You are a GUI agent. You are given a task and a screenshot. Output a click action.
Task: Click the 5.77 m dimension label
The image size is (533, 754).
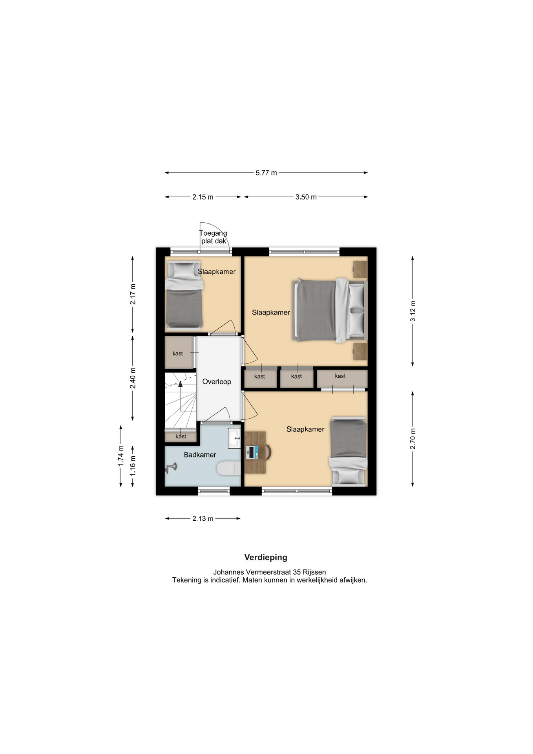[x=266, y=173]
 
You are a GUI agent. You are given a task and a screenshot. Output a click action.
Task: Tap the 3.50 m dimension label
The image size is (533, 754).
[x=306, y=197]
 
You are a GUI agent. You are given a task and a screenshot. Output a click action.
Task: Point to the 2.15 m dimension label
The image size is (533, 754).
[x=203, y=197]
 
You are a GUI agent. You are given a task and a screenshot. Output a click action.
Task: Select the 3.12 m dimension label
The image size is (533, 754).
[x=413, y=311]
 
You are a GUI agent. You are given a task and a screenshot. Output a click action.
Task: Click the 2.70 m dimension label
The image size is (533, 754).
[x=413, y=439]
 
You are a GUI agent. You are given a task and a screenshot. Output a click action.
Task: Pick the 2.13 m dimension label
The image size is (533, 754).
[x=203, y=519]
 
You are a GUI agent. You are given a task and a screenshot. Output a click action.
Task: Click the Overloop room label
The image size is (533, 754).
[x=217, y=382]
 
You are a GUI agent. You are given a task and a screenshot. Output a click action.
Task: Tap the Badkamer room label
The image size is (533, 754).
[x=200, y=455]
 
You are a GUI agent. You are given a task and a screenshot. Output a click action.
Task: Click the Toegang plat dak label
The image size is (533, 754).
[x=214, y=237]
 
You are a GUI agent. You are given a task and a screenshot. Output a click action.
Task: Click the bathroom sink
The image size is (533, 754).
[x=234, y=438]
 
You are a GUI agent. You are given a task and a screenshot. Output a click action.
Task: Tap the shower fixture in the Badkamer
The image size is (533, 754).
[x=172, y=467]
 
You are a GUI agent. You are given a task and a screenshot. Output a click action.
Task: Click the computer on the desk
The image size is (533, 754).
[x=252, y=452]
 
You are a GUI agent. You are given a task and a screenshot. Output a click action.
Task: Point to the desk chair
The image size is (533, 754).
[x=268, y=452]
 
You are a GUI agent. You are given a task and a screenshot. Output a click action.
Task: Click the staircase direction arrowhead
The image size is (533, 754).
[x=181, y=384]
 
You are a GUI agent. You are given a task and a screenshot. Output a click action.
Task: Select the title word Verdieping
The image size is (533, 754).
[x=266, y=557]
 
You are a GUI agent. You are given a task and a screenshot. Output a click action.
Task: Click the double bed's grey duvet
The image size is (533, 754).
[x=316, y=310]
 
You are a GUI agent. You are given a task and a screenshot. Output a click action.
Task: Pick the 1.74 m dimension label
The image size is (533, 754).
[x=121, y=456]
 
